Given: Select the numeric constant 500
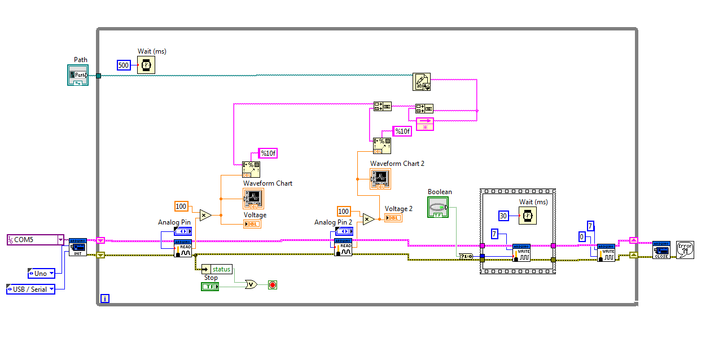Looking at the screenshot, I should point(124,65).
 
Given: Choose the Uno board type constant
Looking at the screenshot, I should point(41,274).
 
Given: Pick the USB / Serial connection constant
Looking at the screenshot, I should point(30,289).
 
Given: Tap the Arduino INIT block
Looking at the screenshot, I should point(78,247).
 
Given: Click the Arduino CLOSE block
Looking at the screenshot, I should point(661,249).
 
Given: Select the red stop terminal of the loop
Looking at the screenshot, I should point(273,285).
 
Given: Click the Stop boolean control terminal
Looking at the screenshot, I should point(210,287).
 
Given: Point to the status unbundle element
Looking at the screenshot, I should point(217,269).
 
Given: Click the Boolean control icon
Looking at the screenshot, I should point(438,207).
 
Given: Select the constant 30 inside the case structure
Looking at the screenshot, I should point(505,216).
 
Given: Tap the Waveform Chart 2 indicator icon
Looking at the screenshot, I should point(380,179).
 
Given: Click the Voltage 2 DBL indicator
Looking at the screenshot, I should point(393,218).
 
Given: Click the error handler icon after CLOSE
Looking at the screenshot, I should point(685,249).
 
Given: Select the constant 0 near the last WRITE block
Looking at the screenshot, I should point(582,237).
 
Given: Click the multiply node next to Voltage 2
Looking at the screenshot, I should point(369,219).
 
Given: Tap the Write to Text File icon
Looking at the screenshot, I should point(421,82).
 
